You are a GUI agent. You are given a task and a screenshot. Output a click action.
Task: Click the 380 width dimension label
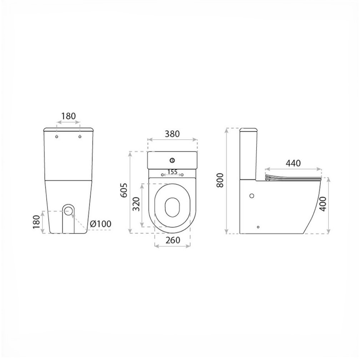pos(172,134)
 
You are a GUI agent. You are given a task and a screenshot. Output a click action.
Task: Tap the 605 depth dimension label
pos(124,190)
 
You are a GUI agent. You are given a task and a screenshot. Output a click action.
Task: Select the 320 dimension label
pos(136,204)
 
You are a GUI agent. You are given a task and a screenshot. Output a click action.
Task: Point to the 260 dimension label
pos(172,240)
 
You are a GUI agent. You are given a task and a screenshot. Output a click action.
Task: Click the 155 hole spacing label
pos(172,172)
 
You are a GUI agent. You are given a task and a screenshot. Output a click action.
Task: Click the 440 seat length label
pos(293,163)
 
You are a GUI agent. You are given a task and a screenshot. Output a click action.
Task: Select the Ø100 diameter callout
pos(100,224)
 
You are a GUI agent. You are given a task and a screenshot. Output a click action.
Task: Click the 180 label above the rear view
pos(69,116)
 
